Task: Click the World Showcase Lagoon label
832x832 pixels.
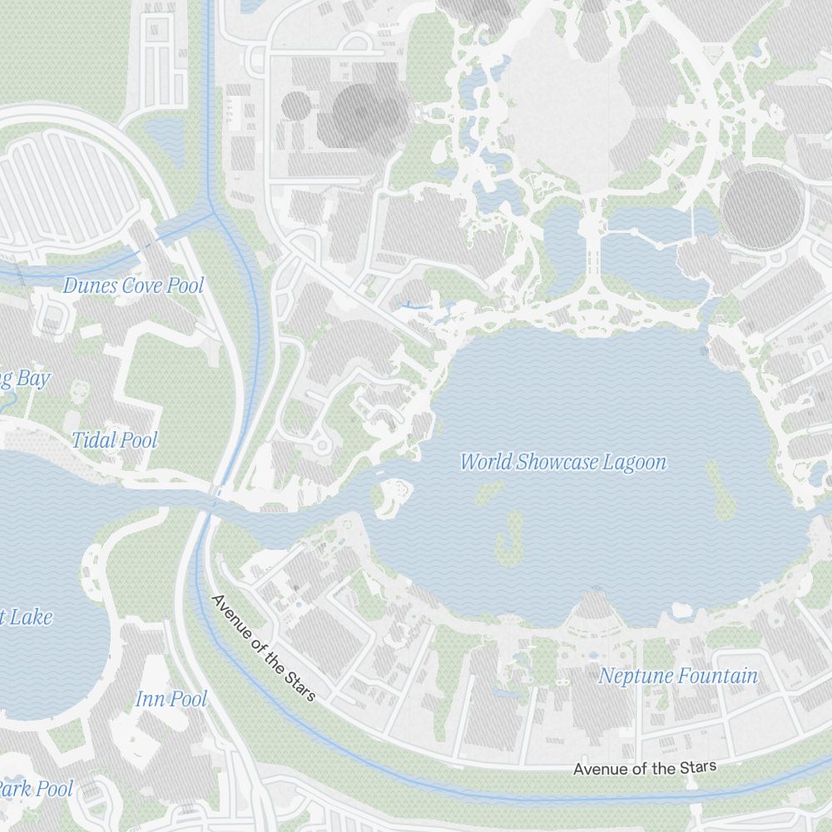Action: (563, 462)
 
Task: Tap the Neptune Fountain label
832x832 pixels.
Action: (678, 676)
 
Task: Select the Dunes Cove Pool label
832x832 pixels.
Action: (133, 285)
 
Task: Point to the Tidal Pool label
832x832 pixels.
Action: (114, 439)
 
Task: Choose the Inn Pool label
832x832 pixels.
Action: (171, 698)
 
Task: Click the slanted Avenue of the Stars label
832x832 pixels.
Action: (264, 647)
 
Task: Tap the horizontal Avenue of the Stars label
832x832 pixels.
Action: (644, 768)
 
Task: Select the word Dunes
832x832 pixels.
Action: (90, 285)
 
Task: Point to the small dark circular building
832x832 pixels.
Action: (296, 105)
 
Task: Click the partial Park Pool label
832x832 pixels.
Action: (35, 788)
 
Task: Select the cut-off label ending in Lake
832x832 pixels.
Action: (27, 617)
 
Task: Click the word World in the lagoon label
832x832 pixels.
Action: (486, 462)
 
